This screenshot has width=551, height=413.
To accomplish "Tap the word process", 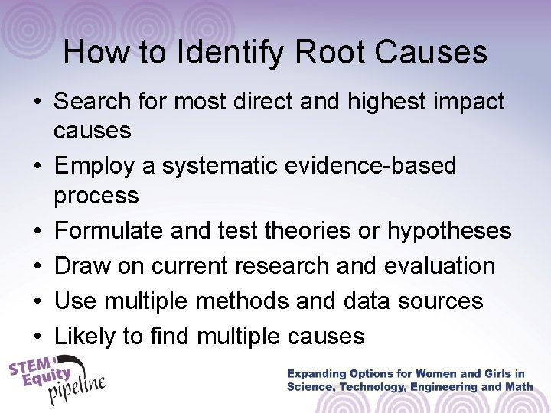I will coord(96,196).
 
